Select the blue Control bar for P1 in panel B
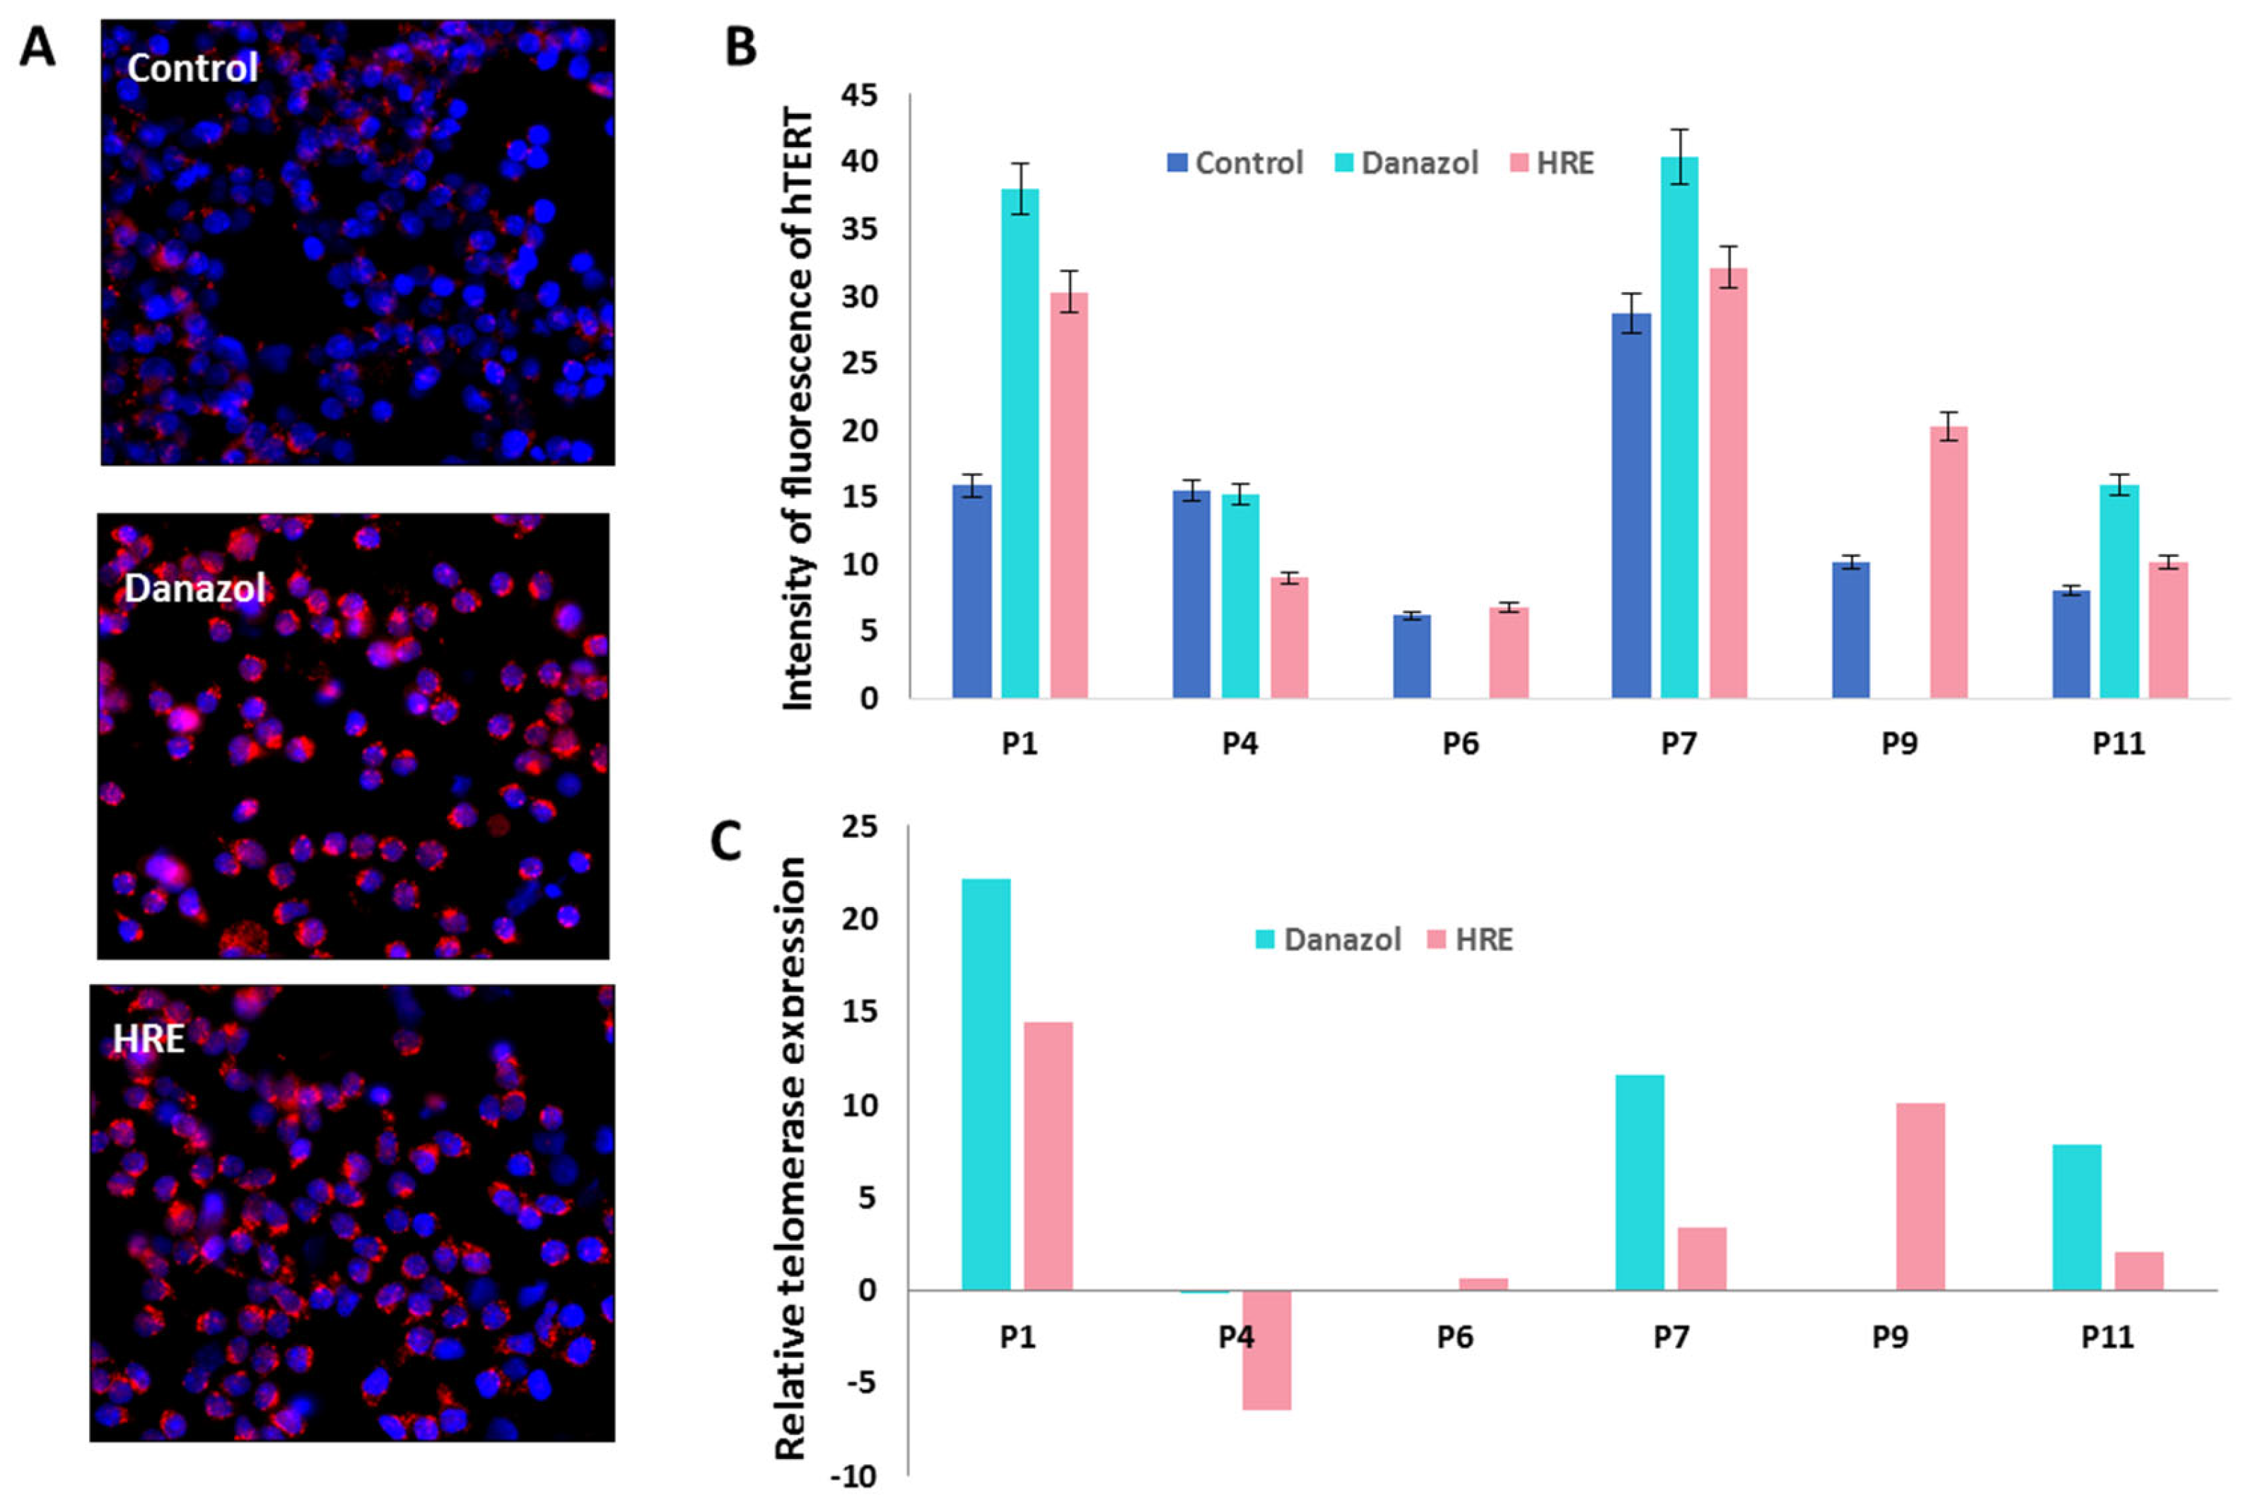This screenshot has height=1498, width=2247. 971,592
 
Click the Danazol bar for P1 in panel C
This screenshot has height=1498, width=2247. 985,1084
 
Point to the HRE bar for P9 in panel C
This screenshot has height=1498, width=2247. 1920,1196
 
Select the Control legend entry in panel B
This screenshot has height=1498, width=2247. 1235,163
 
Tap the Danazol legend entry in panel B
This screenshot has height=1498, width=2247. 1406,163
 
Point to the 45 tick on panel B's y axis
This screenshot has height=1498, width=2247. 859,95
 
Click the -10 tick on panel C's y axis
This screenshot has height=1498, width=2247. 852,1477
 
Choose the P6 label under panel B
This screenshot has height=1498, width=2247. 1460,743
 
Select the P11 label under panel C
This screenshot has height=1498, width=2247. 2106,1337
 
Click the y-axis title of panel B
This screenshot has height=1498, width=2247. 798,409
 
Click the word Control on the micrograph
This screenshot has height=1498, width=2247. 192,68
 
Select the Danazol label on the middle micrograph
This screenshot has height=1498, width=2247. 195,588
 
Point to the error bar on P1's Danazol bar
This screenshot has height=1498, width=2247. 1020,189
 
